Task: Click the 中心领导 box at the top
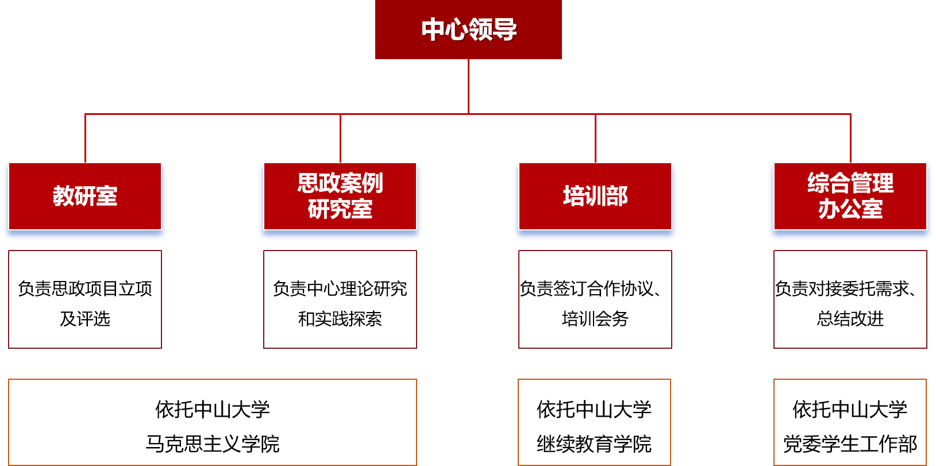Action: pos(468,29)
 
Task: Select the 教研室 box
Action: pos(85,197)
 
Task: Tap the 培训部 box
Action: pos(595,197)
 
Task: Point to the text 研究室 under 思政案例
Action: pos(340,209)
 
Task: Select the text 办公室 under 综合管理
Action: pos(850,209)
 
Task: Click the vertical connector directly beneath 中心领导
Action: pos(468,86)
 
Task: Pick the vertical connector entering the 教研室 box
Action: pos(85,138)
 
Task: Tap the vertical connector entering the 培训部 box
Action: pos(595,138)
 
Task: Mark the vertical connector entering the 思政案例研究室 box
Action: pos(340,138)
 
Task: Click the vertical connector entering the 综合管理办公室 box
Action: pos(850,138)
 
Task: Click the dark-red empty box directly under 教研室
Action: pos(85,299)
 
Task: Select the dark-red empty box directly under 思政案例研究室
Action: pos(340,299)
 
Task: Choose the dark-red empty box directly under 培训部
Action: pos(595,299)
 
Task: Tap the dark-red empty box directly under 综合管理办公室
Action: pos(850,299)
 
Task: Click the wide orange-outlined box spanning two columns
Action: pos(213,422)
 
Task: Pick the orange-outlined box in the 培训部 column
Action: pos(594,422)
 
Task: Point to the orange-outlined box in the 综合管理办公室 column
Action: pos(850,422)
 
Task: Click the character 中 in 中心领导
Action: pos(433,29)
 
